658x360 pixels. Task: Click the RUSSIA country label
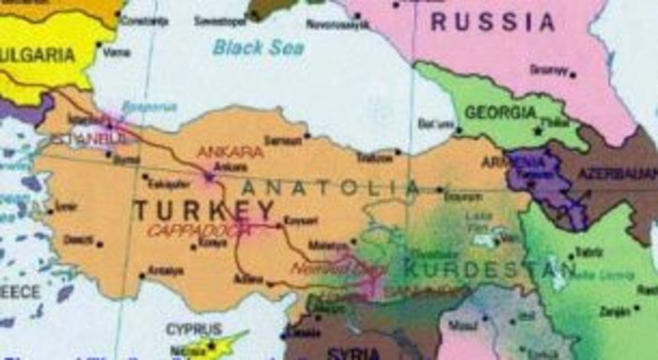pos(493,22)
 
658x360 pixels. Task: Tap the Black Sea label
pos(258,47)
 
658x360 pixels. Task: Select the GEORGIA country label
pos(501,112)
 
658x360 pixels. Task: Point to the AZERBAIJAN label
pos(617,174)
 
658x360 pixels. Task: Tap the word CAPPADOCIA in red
pos(200,231)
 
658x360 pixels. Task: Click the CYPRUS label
pos(193,329)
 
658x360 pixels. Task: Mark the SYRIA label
pos(354,353)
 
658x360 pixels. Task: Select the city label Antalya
pos(163,273)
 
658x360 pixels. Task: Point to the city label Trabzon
pos(375,158)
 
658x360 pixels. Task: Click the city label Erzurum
pos(462,198)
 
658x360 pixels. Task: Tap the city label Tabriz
pos(589,251)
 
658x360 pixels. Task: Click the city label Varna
pos(115,52)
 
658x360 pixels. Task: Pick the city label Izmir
pos(66,205)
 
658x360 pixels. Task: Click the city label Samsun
pos(282,140)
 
